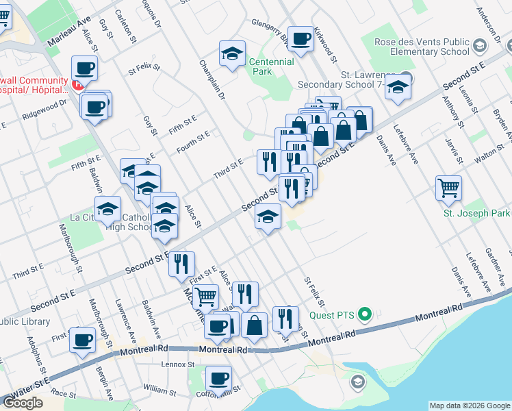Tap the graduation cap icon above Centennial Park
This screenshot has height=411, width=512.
pos(232,53)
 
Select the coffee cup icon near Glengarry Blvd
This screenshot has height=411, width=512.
pos(300,38)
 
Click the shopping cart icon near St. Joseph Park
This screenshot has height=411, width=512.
pos(448,187)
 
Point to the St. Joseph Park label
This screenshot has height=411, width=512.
pos(476,214)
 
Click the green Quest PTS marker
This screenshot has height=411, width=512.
pos(365,315)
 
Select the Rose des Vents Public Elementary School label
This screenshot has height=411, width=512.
pos(421,47)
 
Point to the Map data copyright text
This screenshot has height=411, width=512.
pos(469,406)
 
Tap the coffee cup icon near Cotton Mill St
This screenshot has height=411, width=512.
pos(218,378)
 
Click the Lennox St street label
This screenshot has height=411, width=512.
pos(179,364)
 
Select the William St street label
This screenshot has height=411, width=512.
pos(160,388)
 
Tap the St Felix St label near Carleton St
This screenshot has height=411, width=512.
pos(144,68)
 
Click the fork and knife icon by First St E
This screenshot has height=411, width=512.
pos(181,264)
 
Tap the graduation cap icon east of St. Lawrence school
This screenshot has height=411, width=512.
pos(397,88)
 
